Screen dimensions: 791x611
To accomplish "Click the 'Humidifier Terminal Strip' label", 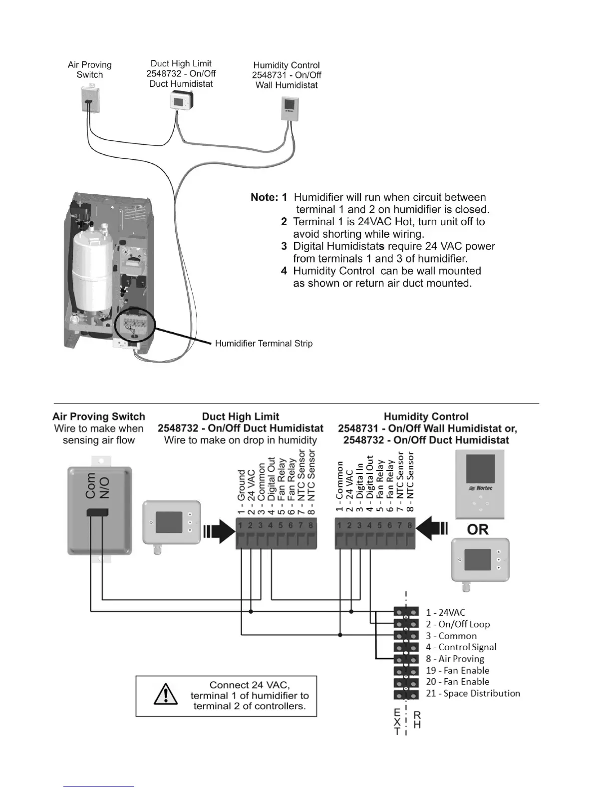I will pos(264,344).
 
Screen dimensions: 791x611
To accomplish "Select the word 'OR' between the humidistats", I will pos(478,529).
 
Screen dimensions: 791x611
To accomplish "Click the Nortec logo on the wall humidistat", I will pos(481,488).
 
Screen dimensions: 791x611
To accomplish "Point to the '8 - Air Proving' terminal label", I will pos(461,659).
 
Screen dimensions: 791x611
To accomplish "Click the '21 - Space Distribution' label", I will pos(473,693).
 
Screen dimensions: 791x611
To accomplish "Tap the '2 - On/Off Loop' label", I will pos(458,624).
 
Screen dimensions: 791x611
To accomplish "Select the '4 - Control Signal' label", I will pos(461,647).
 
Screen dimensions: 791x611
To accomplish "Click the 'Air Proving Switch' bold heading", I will pos(99,416).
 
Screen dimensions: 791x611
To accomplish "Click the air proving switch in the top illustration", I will pos(90,99).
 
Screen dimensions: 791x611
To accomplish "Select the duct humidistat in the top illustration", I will pos(181,101).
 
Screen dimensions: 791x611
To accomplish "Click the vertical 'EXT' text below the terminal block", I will pos(397,722).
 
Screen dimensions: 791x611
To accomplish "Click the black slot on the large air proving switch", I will pos(97,512).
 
